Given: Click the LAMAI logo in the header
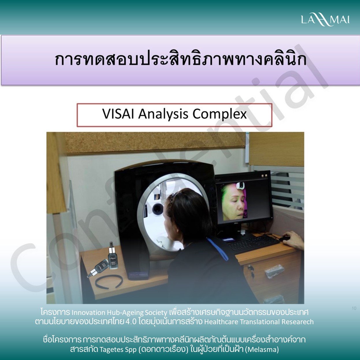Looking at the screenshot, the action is (x=325, y=20).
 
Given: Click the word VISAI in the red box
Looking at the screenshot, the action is (x=118, y=114).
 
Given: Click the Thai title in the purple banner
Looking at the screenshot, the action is (x=180, y=59).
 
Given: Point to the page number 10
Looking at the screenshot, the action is (x=354, y=308).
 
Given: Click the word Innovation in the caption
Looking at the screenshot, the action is (x=89, y=313).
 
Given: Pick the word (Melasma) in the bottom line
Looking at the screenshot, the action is (x=262, y=349).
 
